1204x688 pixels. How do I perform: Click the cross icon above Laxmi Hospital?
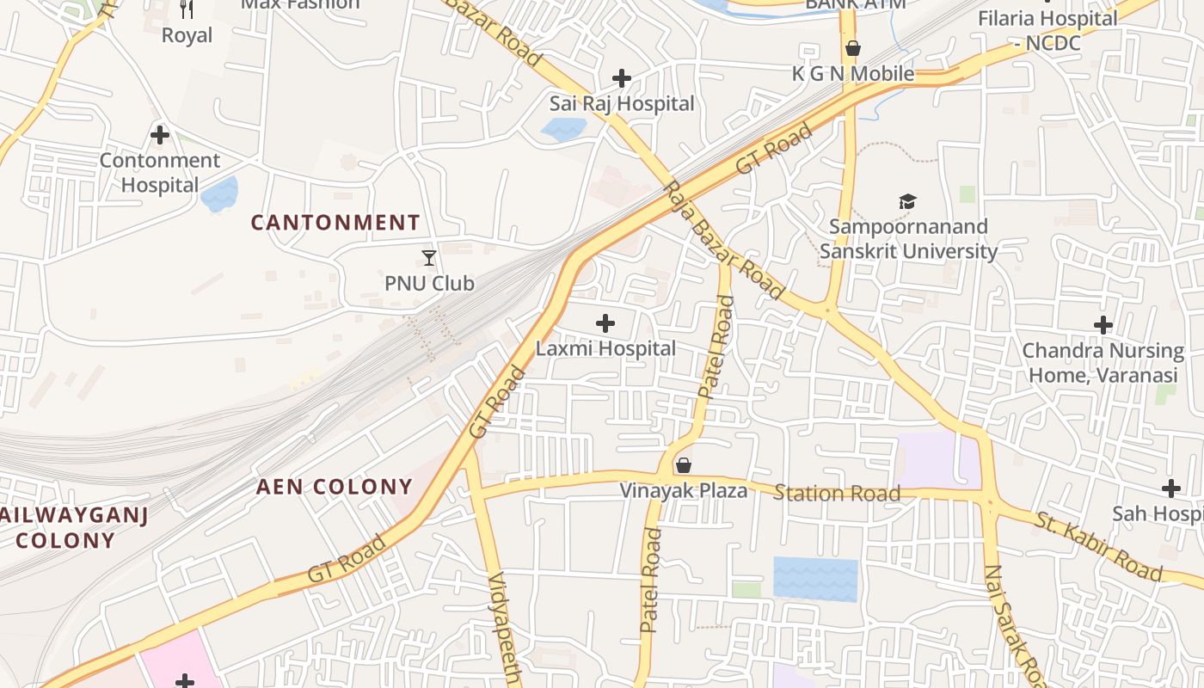[x=605, y=323]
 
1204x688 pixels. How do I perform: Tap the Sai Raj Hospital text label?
[x=622, y=104]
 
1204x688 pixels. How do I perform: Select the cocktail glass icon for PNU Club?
[x=429, y=257]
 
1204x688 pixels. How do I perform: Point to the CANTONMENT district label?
[x=335, y=223]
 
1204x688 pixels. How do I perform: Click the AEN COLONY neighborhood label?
[x=335, y=487]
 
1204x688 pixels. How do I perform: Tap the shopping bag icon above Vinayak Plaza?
[x=684, y=465]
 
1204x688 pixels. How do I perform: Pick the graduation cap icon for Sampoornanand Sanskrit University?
[x=907, y=202]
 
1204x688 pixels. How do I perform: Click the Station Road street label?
[x=837, y=493]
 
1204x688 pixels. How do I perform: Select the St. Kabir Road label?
[x=1098, y=546]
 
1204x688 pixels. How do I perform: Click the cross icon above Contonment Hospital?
[x=159, y=135]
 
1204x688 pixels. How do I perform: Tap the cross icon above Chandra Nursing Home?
[x=1103, y=325]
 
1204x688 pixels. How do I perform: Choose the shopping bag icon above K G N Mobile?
[x=852, y=48]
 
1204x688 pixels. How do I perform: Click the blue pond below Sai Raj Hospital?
[x=563, y=129]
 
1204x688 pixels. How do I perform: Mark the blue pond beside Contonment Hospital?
[x=219, y=194]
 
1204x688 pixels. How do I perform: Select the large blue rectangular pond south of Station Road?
[x=815, y=579]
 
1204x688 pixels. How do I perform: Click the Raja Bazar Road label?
[x=724, y=241]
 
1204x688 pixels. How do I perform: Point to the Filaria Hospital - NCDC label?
[x=1047, y=29]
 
